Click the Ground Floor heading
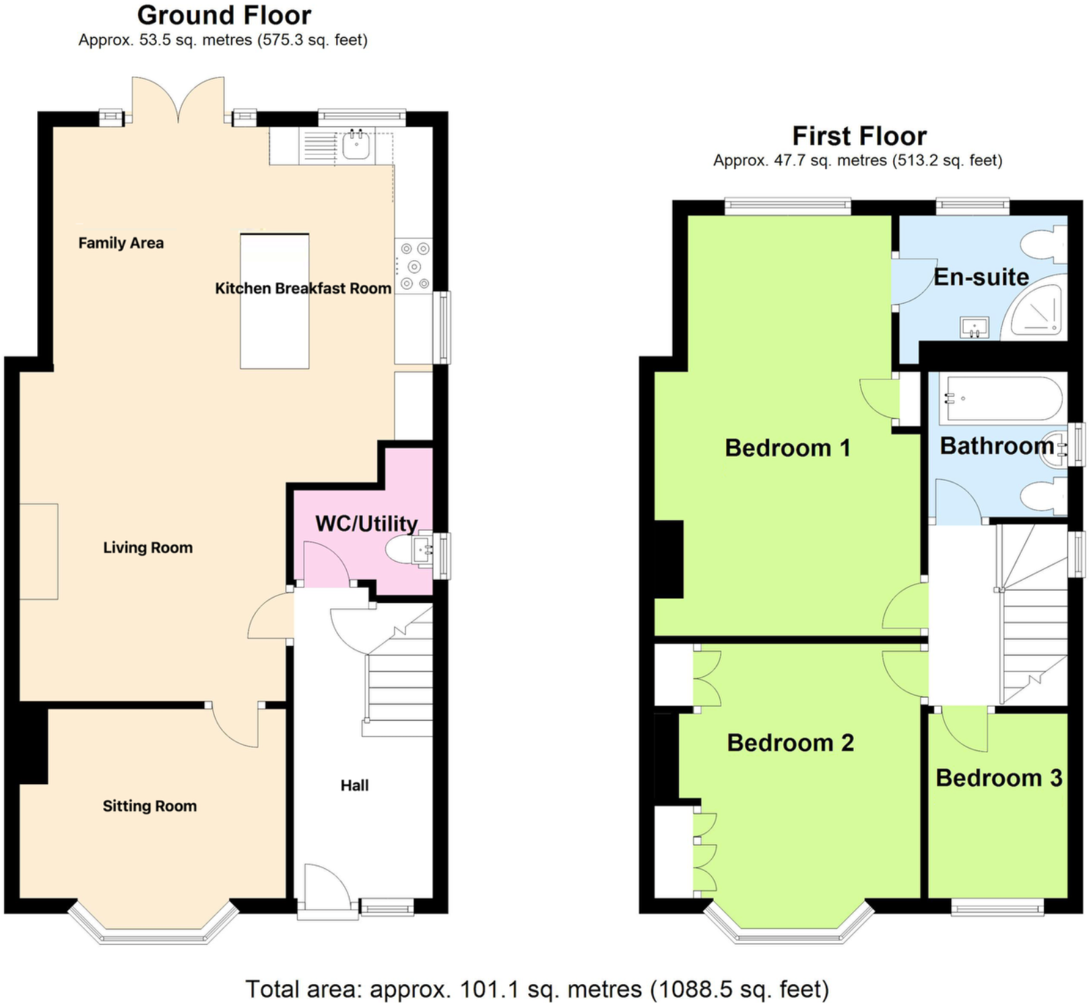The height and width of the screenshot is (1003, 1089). [224, 15]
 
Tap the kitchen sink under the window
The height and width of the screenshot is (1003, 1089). [356, 145]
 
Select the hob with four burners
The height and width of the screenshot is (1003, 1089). [414, 266]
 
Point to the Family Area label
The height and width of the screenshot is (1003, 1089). [121, 242]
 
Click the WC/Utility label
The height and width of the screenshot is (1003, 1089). [366, 523]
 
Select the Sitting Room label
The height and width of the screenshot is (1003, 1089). [150, 806]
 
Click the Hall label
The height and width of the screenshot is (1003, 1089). [354, 785]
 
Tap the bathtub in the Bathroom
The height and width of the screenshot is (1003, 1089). [1001, 398]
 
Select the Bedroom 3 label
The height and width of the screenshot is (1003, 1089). [999, 777]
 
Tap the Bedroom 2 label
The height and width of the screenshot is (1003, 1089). [790, 742]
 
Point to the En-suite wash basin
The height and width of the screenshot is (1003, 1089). [975, 328]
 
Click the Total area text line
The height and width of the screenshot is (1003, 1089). [537, 989]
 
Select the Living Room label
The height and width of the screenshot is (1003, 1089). [147, 547]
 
